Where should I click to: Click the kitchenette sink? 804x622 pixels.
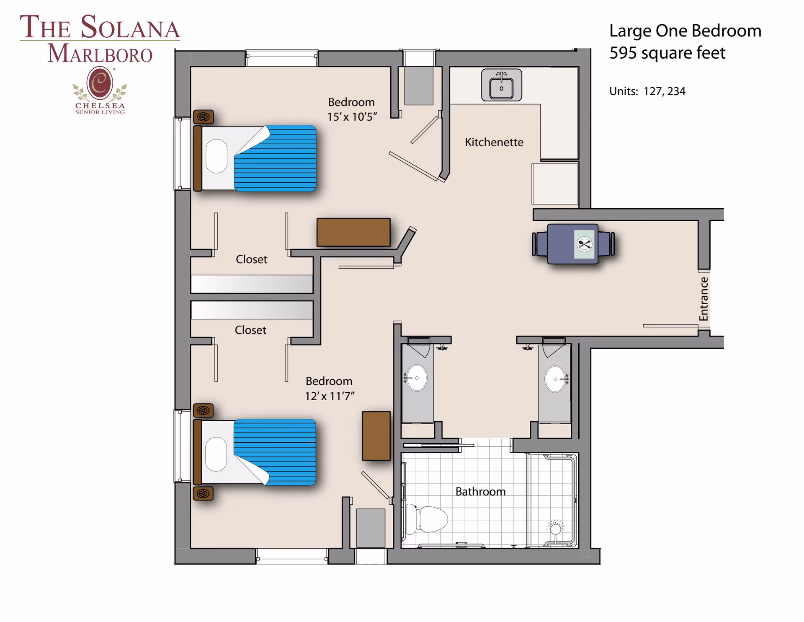tap(501, 86)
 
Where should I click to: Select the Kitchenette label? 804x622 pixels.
tap(494, 143)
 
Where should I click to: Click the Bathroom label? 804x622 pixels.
tap(480, 492)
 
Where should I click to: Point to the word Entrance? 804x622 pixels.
tap(704, 299)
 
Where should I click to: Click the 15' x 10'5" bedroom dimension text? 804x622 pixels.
tap(352, 117)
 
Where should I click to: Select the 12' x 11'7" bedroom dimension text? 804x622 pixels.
tap(330, 396)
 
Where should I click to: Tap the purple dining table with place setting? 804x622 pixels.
tap(573, 244)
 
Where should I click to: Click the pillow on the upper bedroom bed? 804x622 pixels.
tap(216, 156)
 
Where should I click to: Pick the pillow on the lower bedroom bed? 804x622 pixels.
tap(216, 454)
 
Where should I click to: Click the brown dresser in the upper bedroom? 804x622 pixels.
tap(353, 232)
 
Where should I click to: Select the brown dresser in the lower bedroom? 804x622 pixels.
tap(376, 436)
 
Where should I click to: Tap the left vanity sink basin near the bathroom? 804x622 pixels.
tap(417, 378)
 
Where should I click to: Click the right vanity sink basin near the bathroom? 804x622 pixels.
tap(555, 379)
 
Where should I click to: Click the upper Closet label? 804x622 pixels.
tap(251, 259)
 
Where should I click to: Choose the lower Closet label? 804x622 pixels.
tap(250, 330)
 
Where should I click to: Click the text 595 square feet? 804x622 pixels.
tap(667, 53)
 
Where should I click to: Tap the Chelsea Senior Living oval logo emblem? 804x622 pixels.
tap(100, 83)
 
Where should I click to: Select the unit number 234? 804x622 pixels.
tap(676, 91)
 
